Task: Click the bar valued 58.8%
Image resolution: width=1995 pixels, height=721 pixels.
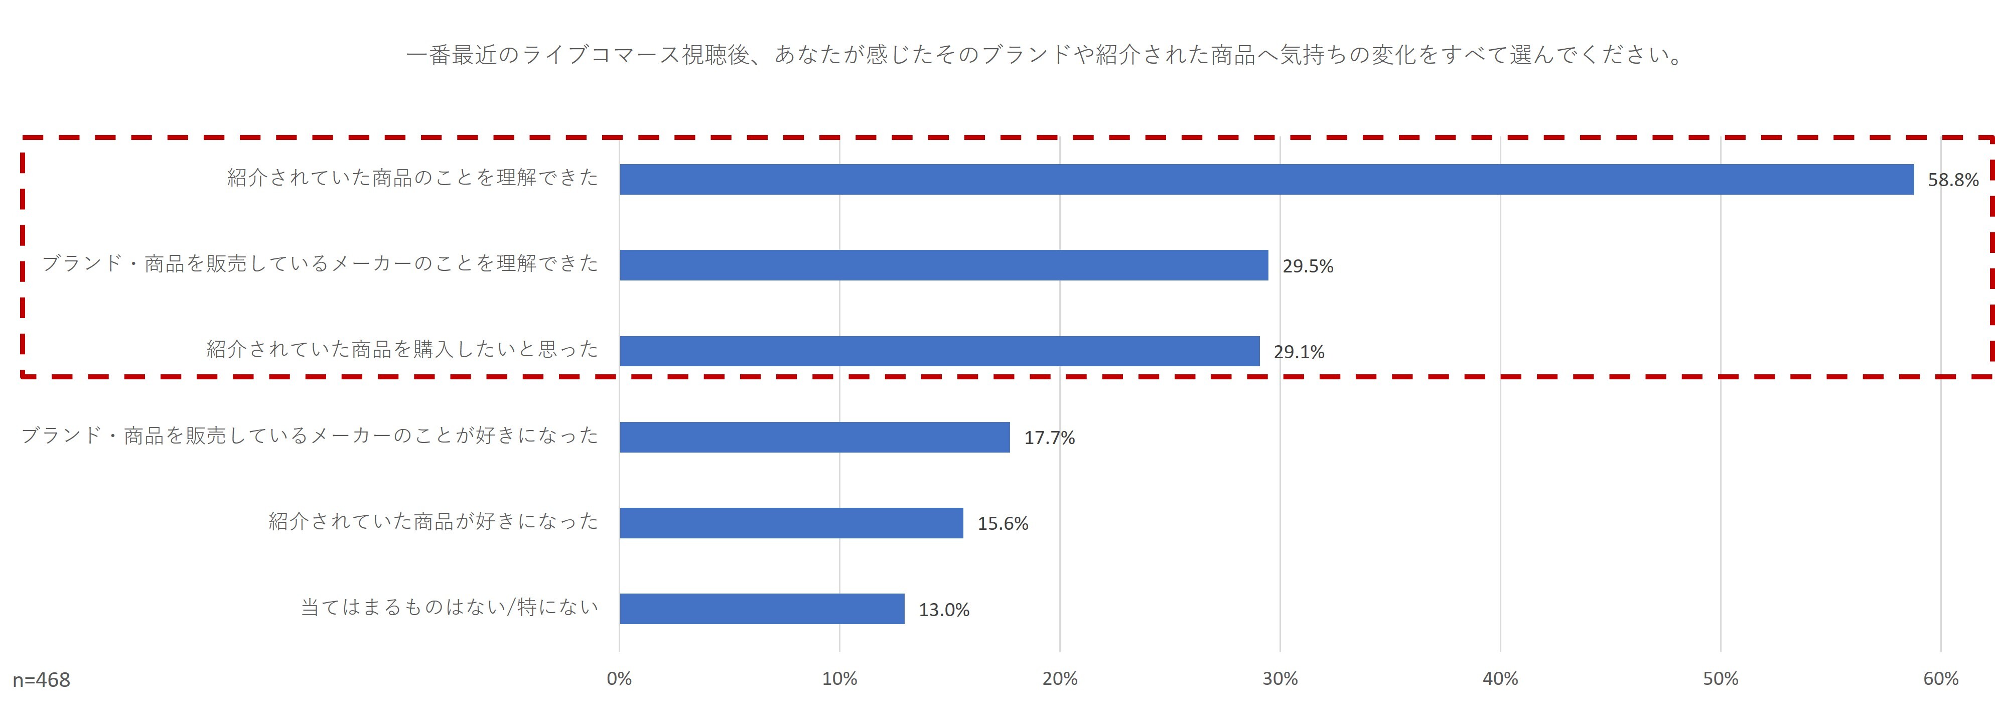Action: (x=1266, y=179)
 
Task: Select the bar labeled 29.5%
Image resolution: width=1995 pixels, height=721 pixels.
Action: (x=943, y=265)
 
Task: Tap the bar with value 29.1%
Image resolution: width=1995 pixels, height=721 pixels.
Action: (x=939, y=351)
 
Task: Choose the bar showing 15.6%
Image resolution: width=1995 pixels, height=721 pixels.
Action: (x=791, y=523)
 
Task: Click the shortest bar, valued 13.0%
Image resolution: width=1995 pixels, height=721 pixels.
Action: (x=761, y=609)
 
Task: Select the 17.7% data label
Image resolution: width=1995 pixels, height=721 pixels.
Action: (x=1049, y=439)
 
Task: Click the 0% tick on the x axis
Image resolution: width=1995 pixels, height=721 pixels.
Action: (x=619, y=679)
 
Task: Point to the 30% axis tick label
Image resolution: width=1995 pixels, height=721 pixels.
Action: (x=1279, y=679)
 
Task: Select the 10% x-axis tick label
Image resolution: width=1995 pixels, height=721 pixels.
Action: (x=839, y=679)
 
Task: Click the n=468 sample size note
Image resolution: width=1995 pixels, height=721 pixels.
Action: (x=41, y=680)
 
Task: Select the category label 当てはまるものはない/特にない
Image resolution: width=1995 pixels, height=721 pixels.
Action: (x=449, y=607)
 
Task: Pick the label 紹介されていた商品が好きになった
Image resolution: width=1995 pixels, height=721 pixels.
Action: (x=433, y=521)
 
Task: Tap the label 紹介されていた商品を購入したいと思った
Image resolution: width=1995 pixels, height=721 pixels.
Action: (x=402, y=349)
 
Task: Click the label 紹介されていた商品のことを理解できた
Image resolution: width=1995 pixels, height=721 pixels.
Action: (x=412, y=178)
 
